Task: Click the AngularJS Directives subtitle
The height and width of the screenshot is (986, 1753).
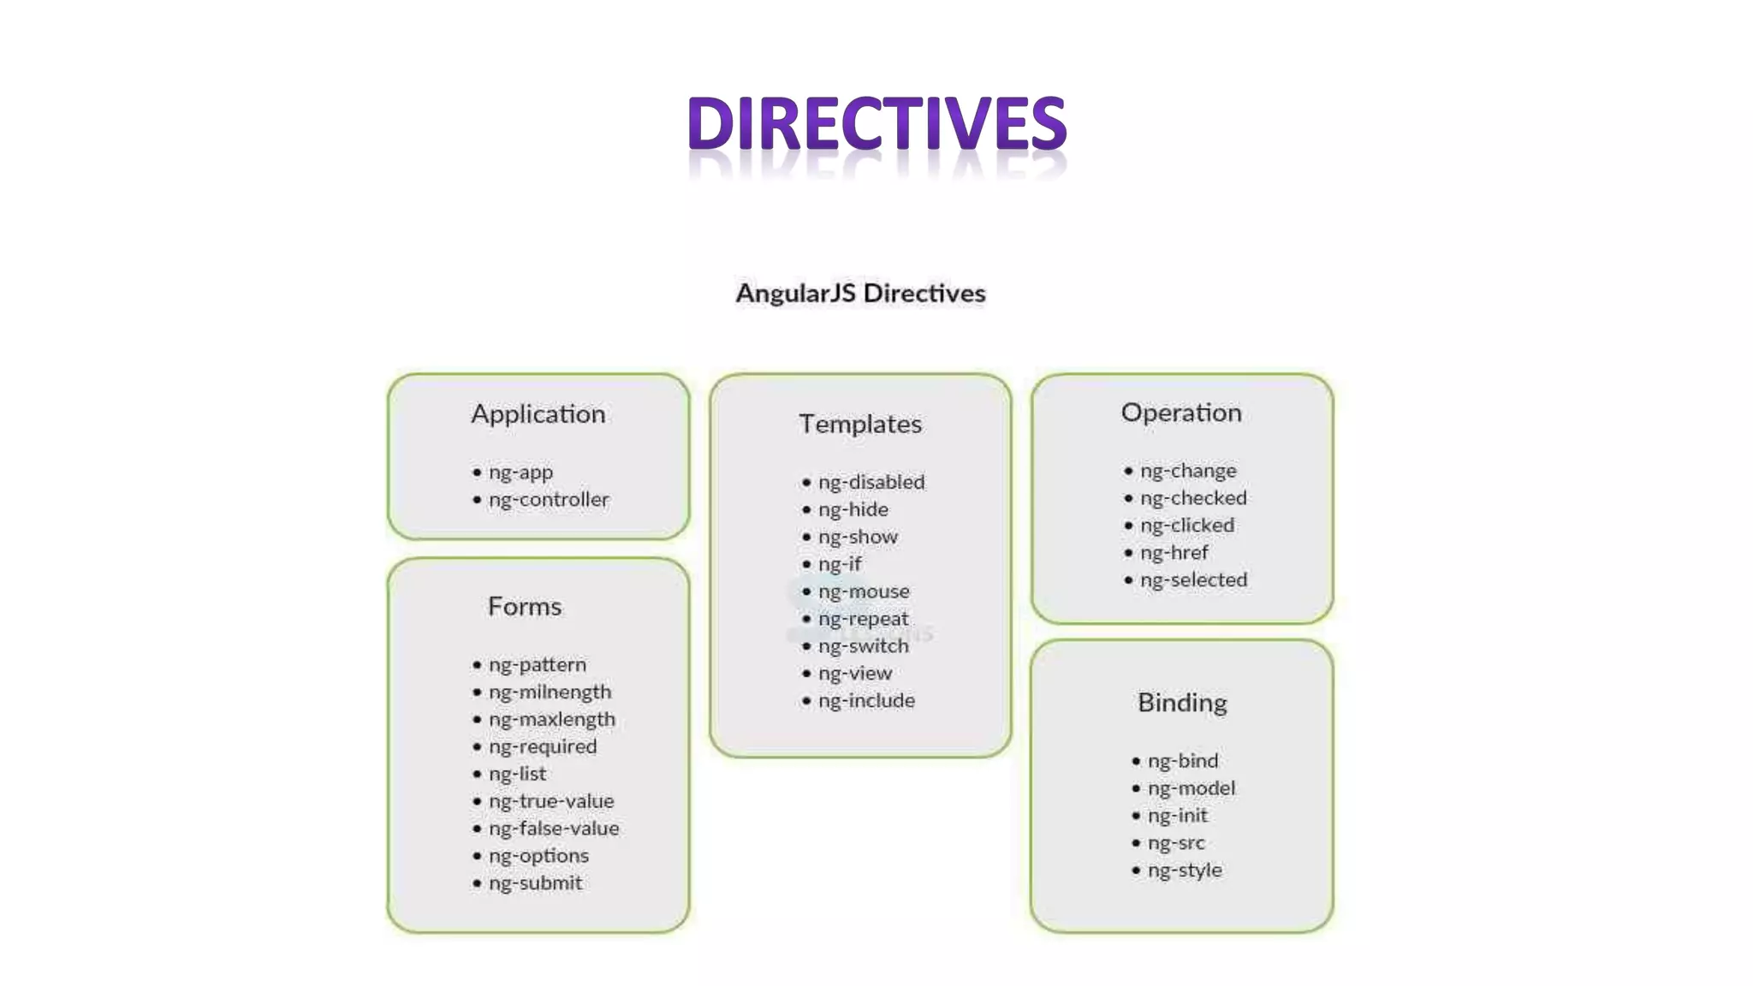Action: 860,294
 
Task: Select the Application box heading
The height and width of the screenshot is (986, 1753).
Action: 538,414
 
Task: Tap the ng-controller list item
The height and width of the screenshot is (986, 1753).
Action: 549,500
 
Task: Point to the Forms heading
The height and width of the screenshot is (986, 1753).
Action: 525,607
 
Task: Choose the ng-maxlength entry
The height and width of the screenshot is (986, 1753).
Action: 552,720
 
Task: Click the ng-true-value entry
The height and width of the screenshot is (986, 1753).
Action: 551,801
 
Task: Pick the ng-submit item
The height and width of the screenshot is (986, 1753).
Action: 535,883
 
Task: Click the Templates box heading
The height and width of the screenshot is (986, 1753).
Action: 860,425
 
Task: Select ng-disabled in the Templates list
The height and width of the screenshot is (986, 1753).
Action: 871,483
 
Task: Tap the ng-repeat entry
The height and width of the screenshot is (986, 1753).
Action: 863,619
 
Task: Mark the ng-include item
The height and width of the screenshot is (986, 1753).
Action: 866,701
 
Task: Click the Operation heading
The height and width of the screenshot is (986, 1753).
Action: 1181,413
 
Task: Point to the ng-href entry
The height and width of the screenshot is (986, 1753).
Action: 1174,553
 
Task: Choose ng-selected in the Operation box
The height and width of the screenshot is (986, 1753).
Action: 1193,580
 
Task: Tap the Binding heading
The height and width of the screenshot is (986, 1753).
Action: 1182,703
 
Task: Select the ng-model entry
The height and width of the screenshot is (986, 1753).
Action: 1191,788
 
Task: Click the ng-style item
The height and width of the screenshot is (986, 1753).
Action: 1185,870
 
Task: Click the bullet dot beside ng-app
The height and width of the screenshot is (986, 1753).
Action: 477,472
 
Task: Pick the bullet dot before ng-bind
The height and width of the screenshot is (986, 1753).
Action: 1136,761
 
